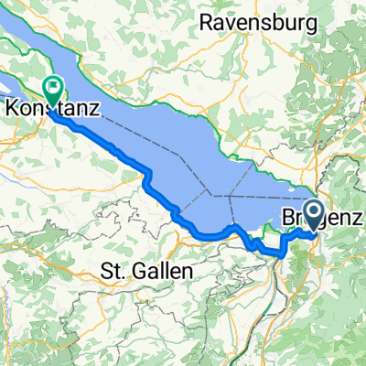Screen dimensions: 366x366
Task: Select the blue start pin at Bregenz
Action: pos(314,216)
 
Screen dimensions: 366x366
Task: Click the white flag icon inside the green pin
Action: pos(51,89)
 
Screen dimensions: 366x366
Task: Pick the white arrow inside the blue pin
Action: pos(314,213)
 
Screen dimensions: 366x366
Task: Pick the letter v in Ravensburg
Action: pos(230,20)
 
